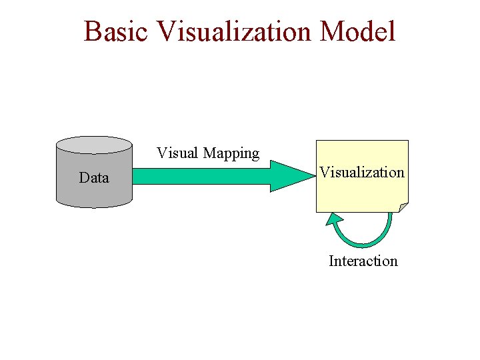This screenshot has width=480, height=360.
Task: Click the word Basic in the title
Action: pyautogui.click(x=117, y=31)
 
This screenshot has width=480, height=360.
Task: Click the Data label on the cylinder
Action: pyautogui.click(x=93, y=177)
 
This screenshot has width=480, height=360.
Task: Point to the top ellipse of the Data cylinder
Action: pyautogui.click(x=94, y=145)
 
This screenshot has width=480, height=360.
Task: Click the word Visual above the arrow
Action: pyautogui.click(x=177, y=153)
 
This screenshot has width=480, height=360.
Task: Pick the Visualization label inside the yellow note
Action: pyautogui.click(x=361, y=172)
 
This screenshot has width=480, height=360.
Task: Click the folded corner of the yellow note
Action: pyautogui.click(x=403, y=207)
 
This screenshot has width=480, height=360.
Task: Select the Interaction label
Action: pyautogui.click(x=363, y=261)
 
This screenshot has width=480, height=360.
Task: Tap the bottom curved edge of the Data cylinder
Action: pyautogui.click(x=94, y=205)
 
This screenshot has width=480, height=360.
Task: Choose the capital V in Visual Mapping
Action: pyautogui.click(x=161, y=153)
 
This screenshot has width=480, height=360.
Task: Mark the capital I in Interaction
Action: pyautogui.click(x=331, y=261)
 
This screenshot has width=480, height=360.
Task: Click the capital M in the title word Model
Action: pyautogui.click(x=333, y=31)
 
